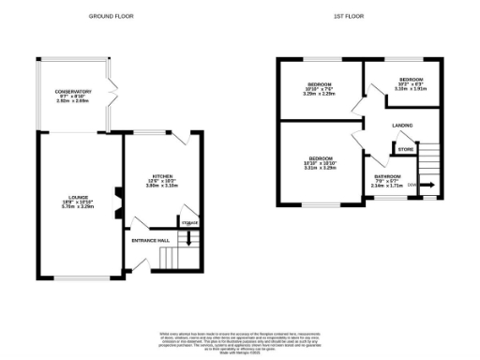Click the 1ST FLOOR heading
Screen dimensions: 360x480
coord(347,16)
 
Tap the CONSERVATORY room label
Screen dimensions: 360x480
coord(72,92)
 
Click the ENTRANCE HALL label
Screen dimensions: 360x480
coord(150,241)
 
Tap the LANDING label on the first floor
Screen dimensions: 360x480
coord(404,125)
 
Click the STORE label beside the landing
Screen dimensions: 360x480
coord(405,149)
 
